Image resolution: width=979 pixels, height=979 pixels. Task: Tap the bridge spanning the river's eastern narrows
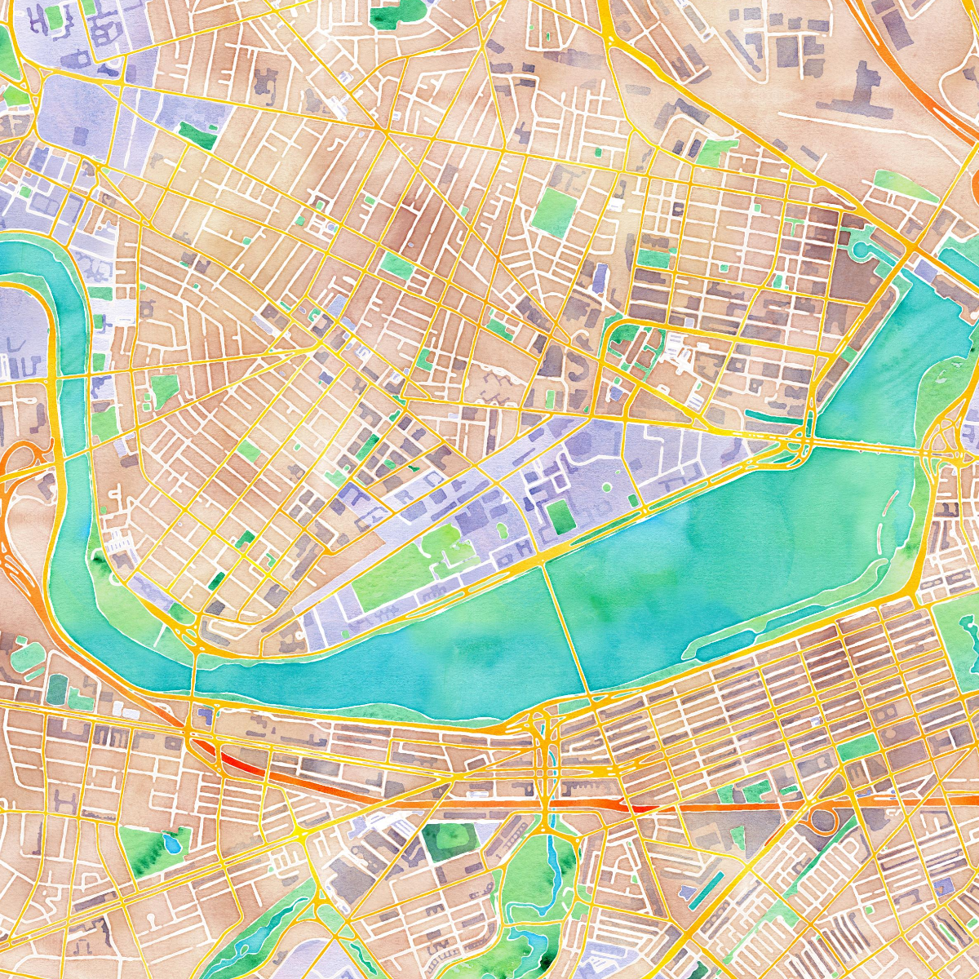865,445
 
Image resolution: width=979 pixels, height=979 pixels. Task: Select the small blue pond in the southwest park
170,842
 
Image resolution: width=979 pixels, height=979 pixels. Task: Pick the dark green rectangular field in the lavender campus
559,516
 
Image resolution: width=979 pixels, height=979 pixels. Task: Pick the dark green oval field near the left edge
57,689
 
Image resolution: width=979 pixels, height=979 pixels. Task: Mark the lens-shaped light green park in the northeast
906,187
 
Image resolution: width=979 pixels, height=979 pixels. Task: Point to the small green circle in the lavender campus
606,488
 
